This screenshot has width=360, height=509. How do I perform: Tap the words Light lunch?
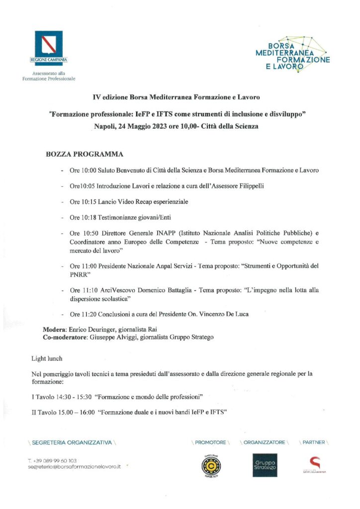coord(47,358)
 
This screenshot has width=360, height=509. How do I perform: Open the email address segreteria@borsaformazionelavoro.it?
coord(75,467)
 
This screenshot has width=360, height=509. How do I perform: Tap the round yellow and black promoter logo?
coord(210,465)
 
